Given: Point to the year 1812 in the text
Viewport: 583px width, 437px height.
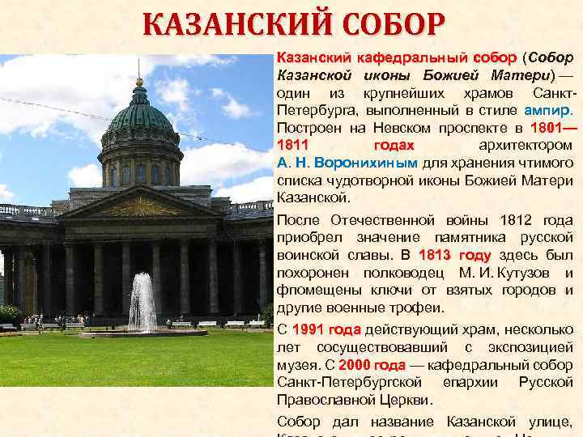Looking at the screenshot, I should pyautogui.click(x=521, y=220).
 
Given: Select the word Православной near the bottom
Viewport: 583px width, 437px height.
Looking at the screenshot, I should pyautogui.click(x=321, y=399).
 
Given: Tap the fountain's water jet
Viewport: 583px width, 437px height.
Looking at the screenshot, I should pyautogui.click(x=143, y=301).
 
